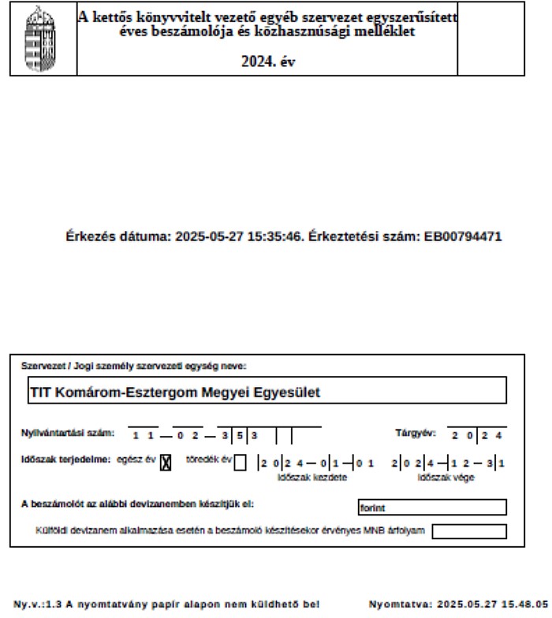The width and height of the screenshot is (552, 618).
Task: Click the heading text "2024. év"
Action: click(267, 62)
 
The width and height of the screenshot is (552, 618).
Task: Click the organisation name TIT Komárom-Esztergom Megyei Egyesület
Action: click(174, 392)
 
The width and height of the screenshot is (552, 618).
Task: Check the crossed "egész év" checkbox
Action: click(166, 463)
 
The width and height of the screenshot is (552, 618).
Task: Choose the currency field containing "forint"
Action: click(432, 508)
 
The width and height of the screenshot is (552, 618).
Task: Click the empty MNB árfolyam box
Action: click(469, 531)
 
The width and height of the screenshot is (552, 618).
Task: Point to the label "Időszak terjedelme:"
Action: click(65, 460)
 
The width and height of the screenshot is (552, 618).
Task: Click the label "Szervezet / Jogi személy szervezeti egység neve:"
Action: click(134, 365)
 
